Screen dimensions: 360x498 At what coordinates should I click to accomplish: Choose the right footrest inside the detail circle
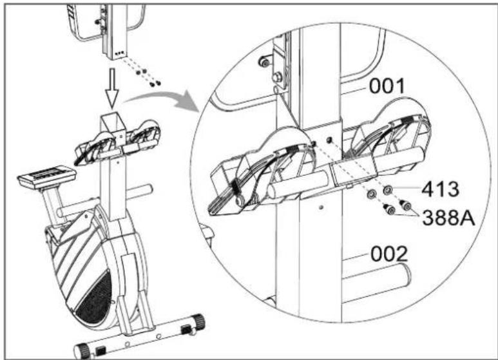(x=387, y=145)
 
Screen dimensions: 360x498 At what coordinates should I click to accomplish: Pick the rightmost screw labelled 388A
(x=406, y=205)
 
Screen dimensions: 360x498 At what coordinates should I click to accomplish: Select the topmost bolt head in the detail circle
(x=264, y=62)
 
